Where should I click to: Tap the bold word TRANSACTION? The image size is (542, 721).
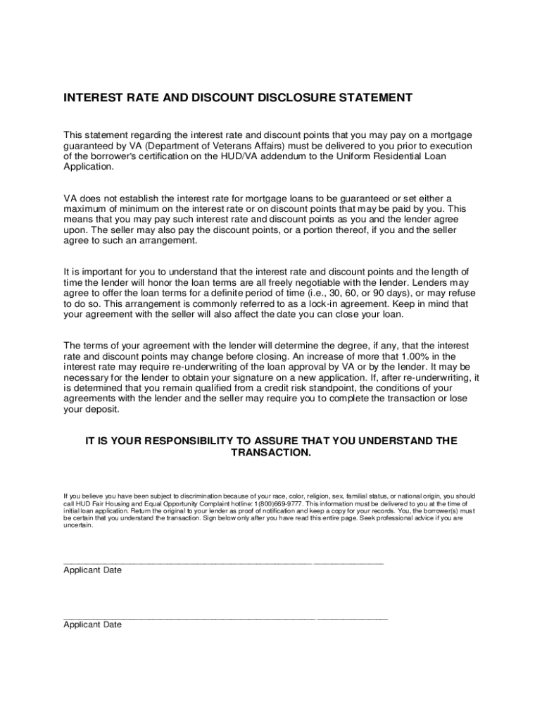click(271, 452)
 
